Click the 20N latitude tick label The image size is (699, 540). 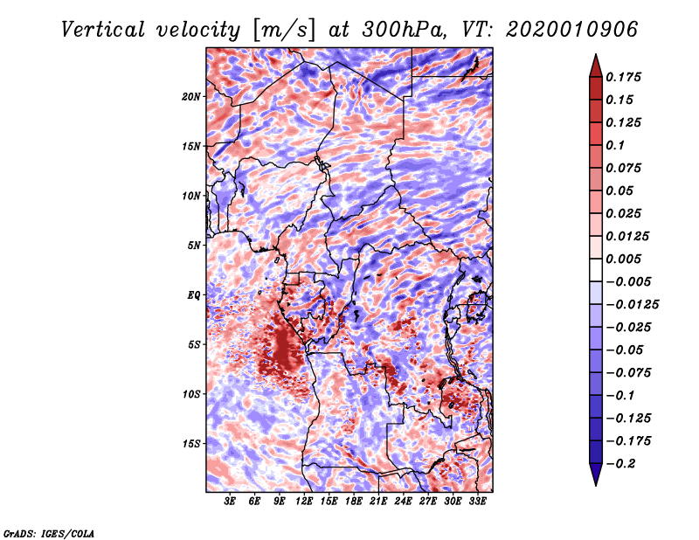click(191, 96)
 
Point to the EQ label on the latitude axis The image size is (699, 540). click(194, 295)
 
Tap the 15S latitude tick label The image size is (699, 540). click(191, 444)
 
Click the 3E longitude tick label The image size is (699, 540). click(231, 502)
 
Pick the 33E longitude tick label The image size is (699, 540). click(476, 502)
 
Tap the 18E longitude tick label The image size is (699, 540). click(353, 502)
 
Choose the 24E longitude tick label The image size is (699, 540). click(403, 502)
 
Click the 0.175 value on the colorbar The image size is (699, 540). click(625, 77)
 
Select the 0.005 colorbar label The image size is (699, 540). click(625, 259)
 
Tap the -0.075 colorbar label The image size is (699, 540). click(627, 372)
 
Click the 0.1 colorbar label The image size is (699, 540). click(617, 145)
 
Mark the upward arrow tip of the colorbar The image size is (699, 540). click(595, 57)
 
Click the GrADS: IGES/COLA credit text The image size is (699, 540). click(48, 532)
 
